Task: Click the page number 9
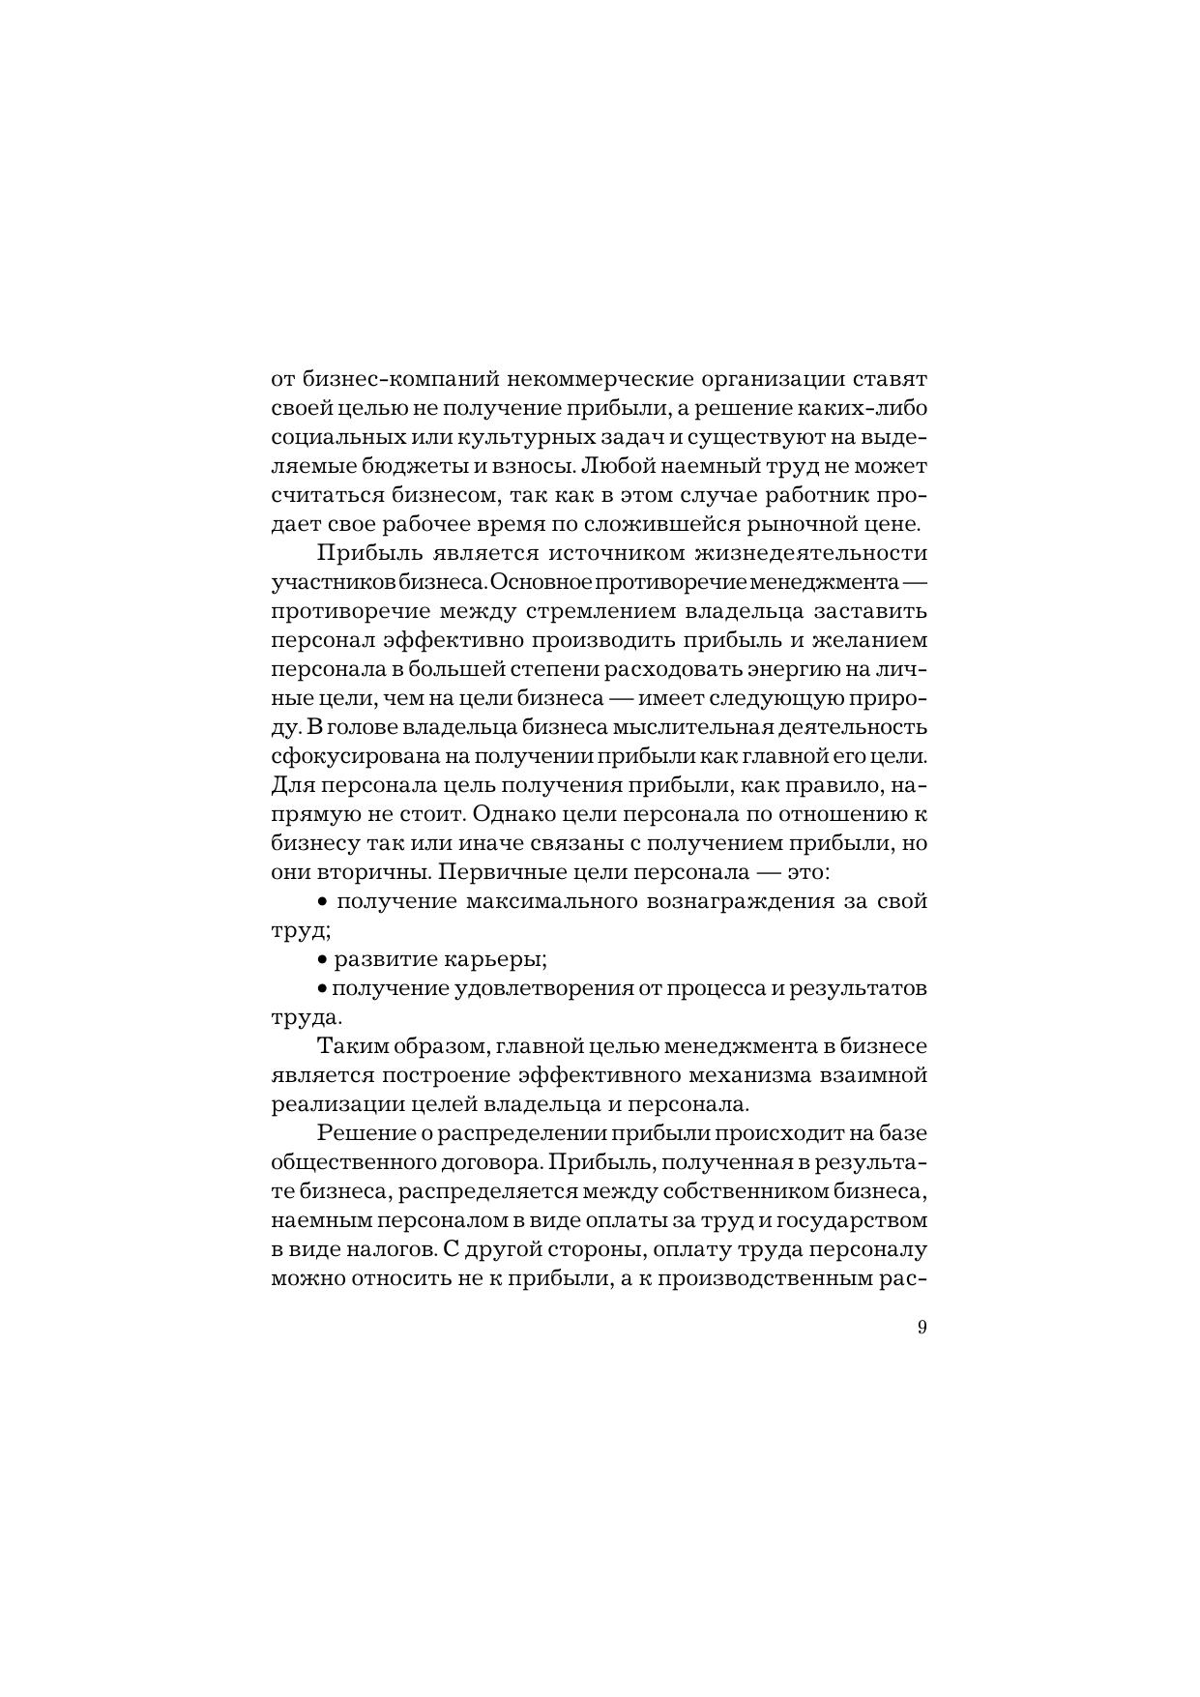[x=921, y=1327]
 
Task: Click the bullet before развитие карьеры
[x=322, y=960]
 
